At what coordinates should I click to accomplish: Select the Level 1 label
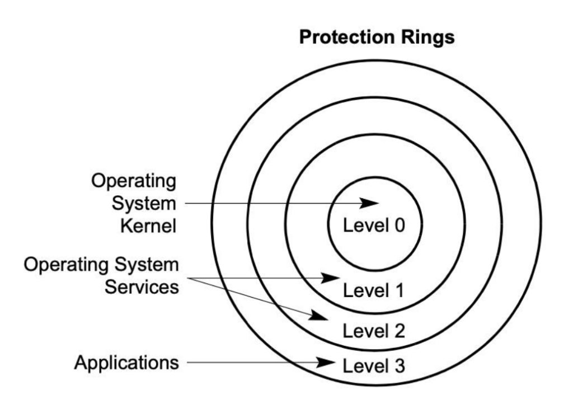pyautogui.click(x=373, y=291)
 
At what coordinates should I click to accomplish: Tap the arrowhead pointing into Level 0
pyautogui.click(x=370, y=203)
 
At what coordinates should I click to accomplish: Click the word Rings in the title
pyautogui.click(x=428, y=39)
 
